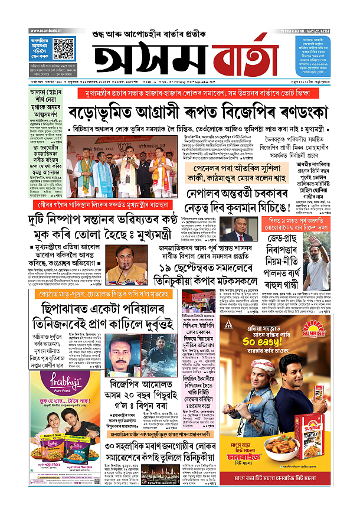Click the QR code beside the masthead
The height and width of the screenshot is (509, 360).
click(64, 47)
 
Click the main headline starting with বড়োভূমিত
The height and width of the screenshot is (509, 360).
click(180, 112)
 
